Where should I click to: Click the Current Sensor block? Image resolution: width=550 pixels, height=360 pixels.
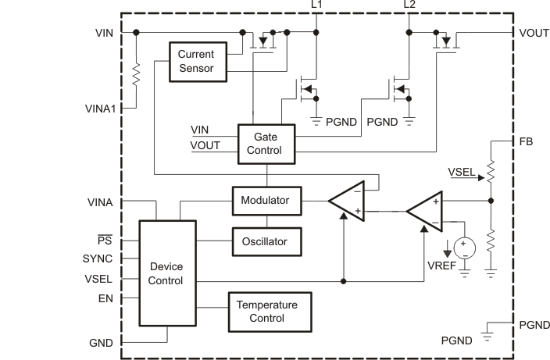coord(198,61)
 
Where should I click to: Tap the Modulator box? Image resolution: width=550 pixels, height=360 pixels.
coord(266,201)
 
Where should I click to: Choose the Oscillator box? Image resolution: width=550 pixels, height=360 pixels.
coord(266,241)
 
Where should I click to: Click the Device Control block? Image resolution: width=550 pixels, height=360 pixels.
coord(166,273)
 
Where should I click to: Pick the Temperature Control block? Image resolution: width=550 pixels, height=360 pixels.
coord(268,312)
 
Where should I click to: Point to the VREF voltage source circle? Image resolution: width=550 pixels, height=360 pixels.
coord(464,247)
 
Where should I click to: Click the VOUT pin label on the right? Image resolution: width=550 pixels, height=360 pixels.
coord(534,33)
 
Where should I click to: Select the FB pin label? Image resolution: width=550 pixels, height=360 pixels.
coord(526,142)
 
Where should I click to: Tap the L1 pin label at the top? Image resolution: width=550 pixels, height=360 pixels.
coord(316,5)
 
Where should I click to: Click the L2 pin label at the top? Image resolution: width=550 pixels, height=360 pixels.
coord(410,5)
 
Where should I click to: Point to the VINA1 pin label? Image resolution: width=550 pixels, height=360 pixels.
coord(100,109)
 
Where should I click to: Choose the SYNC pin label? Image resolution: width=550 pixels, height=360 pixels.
coord(98,258)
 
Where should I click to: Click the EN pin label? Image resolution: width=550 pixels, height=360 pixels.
coord(105,298)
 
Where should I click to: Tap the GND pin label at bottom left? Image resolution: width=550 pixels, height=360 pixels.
coord(101,343)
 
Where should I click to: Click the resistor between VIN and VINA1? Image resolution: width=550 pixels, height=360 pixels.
coord(137,74)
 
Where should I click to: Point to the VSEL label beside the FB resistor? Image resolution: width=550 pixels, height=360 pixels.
coord(460,170)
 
